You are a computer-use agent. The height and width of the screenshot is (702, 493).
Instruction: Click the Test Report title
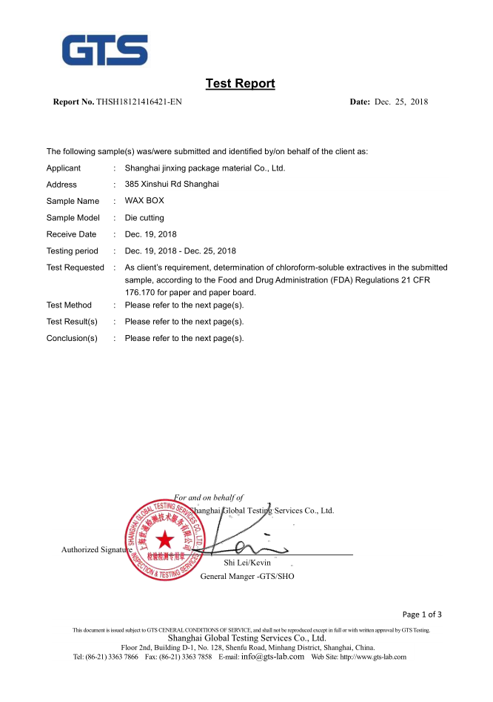(240, 84)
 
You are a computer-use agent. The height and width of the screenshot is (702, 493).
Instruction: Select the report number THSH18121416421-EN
(139, 102)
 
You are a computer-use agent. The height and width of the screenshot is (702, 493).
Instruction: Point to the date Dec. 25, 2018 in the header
(401, 102)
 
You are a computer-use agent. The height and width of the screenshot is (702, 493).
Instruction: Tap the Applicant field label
(64, 168)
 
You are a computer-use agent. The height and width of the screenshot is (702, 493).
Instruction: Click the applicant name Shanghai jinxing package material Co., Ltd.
(205, 168)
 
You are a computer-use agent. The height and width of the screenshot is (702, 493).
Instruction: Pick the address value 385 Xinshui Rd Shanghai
(172, 185)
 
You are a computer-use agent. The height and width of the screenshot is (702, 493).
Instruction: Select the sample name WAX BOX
(144, 201)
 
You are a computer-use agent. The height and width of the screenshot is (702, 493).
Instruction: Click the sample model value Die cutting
(144, 218)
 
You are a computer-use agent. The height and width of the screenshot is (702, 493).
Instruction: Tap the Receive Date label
(71, 234)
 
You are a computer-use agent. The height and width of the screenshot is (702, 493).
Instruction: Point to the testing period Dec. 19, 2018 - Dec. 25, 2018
(181, 251)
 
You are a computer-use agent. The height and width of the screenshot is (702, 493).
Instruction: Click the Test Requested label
(75, 268)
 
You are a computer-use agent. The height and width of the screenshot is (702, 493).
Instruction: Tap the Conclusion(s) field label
(72, 339)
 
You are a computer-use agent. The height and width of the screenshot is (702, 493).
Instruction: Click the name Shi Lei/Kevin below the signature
(247, 563)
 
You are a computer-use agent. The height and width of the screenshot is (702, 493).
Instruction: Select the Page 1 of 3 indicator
(422, 615)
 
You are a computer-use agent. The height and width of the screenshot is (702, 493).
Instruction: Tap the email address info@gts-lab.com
(272, 657)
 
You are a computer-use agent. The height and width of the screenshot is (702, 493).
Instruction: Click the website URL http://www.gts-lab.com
(373, 658)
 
